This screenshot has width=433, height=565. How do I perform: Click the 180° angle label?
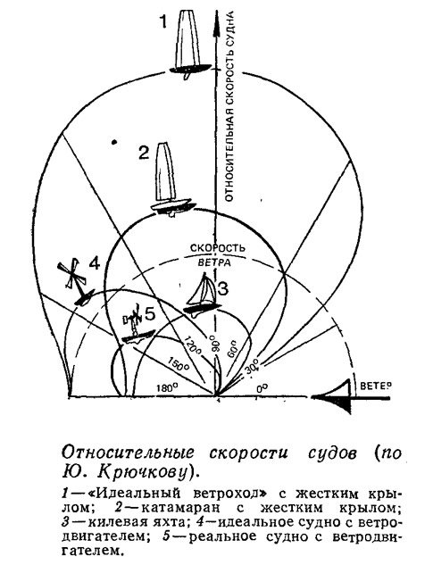(x=168, y=388)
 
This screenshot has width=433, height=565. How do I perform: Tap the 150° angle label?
(x=179, y=363)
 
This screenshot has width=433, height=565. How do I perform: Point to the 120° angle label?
(x=193, y=345)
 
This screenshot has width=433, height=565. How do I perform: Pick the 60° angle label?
(x=233, y=348)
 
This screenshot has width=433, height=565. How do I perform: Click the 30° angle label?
(x=252, y=370)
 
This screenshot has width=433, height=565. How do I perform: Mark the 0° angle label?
(x=262, y=388)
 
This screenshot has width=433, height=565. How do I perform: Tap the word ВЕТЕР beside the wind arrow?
(x=375, y=386)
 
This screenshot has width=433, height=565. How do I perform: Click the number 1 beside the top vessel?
(x=163, y=21)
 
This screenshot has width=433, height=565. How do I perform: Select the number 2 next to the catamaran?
(x=144, y=153)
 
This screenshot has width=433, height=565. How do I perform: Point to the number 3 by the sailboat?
(x=222, y=288)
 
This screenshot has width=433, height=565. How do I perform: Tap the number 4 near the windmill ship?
(x=94, y=264)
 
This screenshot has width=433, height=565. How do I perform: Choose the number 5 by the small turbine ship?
(x=150, y=314)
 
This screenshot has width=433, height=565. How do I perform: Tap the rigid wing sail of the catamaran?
(x=165, y=172)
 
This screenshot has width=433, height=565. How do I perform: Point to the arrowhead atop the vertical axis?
(x=216, y=23)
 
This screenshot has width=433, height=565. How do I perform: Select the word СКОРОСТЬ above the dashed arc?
(x=218, y=248)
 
